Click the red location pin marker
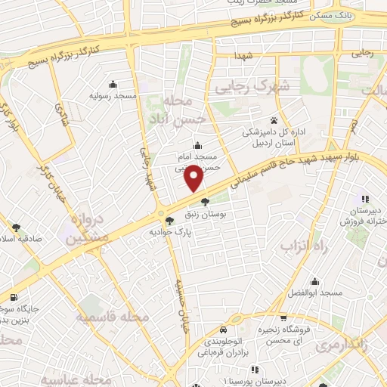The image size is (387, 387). click(x=194, y=177)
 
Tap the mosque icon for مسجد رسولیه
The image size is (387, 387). click(x=113, y=84)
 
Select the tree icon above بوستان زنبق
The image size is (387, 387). click(x=205, y=201)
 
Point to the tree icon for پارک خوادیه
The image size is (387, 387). click(x=169, y=220)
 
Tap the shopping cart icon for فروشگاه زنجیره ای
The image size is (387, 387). click(x=283, y=318)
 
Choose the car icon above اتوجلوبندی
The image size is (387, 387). click(x=224, y=330)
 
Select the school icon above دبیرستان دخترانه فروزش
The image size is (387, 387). click(x=366, y=199)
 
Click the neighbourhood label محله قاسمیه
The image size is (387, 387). click(x=113, y=318)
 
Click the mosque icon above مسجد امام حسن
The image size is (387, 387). click(x=198, y=146)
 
